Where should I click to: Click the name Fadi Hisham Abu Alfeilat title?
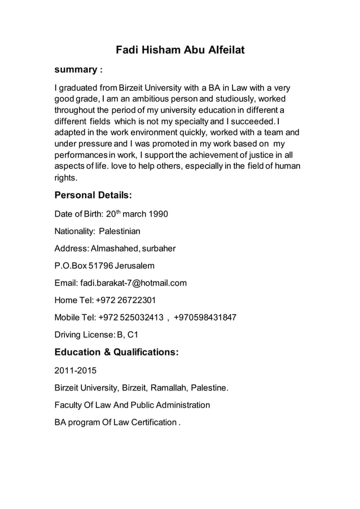[x=180, y=50]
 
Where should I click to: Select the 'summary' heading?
[x=75, y=70]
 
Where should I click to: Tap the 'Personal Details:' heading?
[x=93, y=195]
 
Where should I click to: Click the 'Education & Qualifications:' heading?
[x=116, y=352]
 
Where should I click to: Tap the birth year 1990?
[x=157, y=214]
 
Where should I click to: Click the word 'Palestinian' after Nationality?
[x=120, y=231]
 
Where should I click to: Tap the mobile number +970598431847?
[x=205, y=317]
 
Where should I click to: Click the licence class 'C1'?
[x=133, y=335]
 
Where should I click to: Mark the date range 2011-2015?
[x=76, y=371]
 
